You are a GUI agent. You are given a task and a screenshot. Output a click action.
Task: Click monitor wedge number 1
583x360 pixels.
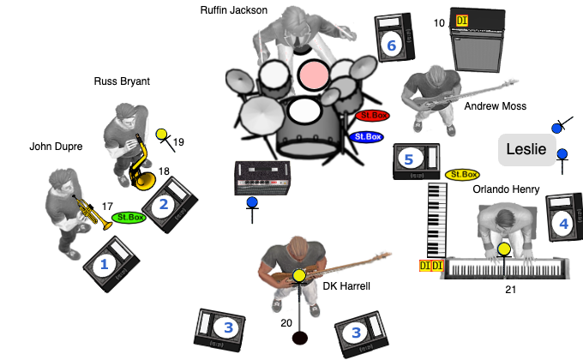click(111, 265)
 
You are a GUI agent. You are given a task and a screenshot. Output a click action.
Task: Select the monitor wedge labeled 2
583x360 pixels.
click(170, 205)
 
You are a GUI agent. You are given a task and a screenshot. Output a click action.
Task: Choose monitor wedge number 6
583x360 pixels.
click(394, 39)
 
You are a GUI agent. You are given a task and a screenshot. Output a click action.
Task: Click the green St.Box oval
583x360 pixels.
click(129, 218)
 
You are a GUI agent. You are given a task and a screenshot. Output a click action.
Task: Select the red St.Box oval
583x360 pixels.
click(372, 116)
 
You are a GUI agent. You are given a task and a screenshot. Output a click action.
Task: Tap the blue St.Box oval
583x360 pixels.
click(366, 136)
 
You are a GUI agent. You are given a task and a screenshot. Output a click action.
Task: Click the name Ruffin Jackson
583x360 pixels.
click(233, 11)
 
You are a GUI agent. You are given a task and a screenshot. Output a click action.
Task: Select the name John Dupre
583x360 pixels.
click(56, 147)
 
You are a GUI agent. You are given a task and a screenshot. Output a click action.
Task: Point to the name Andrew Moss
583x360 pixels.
click(495, 106)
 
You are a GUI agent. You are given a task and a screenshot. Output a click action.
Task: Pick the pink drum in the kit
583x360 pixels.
click(313, 75)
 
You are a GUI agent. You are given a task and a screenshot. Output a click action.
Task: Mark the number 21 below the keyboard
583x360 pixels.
click(511, 290)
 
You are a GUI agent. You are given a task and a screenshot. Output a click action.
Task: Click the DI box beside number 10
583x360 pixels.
click(463, 21)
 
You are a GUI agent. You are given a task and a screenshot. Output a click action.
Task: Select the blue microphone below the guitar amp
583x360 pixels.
click(252, 203)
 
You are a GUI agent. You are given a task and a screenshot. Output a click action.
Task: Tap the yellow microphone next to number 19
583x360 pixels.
click(161, 135)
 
